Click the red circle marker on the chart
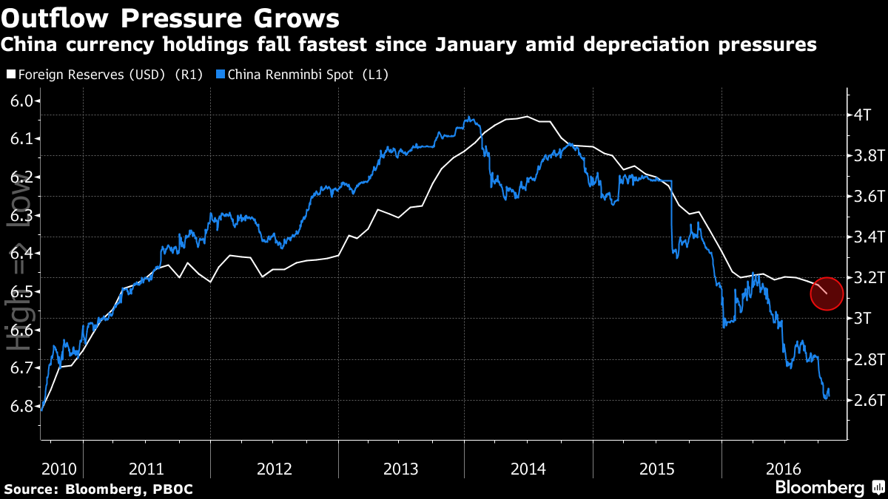coord(827,293)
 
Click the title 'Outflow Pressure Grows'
coord(172,17)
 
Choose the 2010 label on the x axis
coord(60,469)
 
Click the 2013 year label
coord(400,469)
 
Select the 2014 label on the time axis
coord(528,469)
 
